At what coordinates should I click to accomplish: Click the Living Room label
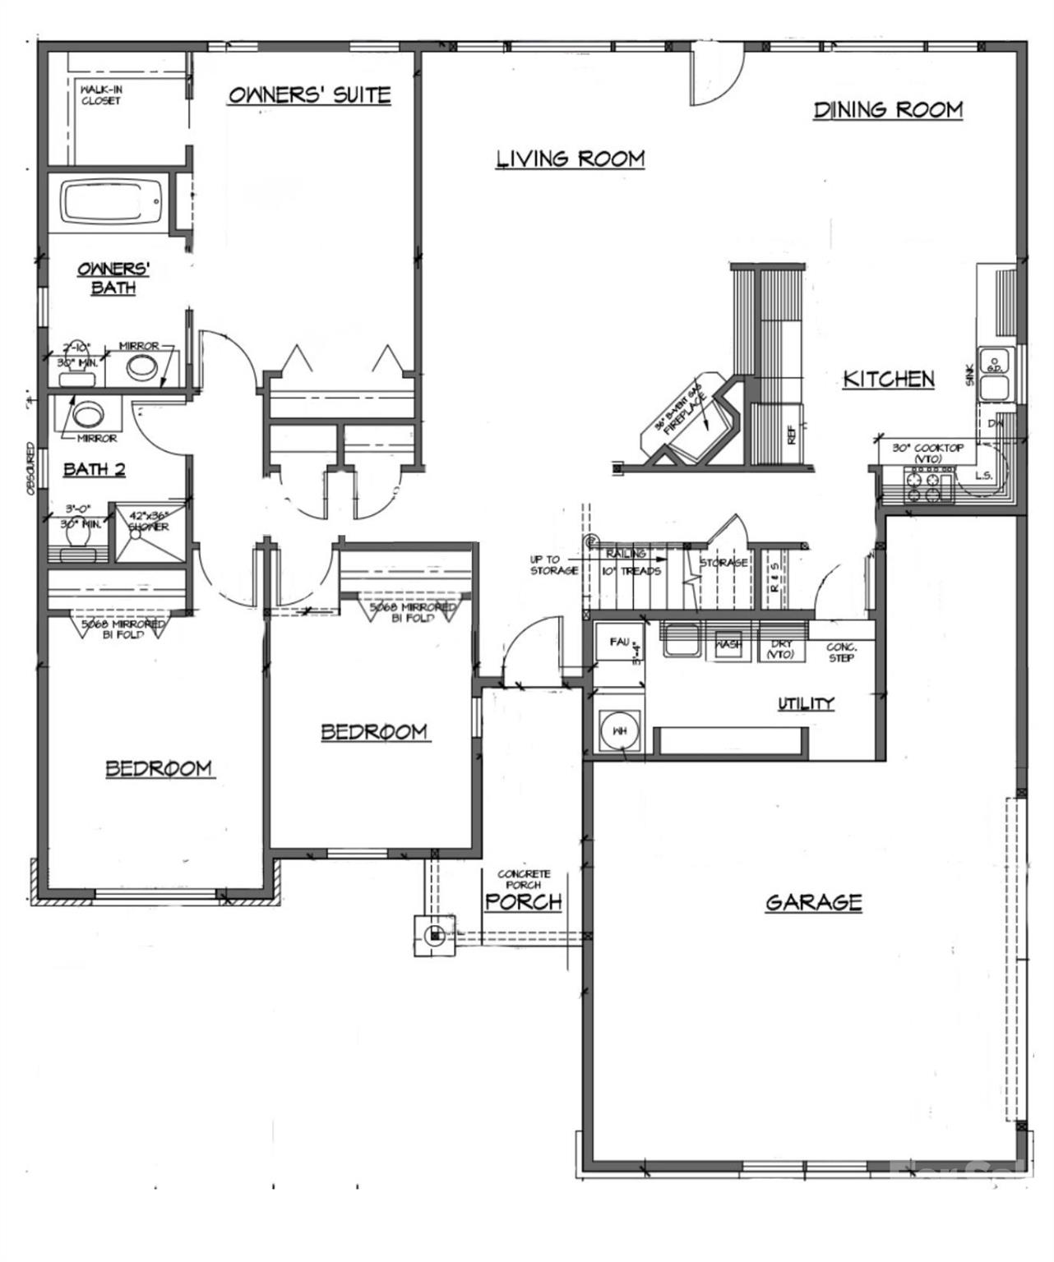pyautogui.click(x=570, y=158)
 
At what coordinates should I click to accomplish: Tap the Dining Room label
pyautogui.click(x=888, y=109)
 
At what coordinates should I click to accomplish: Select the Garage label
pyautogui.click(x=814, y=902)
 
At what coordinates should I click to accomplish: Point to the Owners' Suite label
pyautogui.click(x=309, y=94)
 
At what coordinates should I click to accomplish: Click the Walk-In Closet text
pyautogui.click(x=100, y=94)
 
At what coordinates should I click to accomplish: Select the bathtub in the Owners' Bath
pyautogui.click(x=113, y=202)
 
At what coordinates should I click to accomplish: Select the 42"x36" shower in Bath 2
pyautogui.click(x=149, y=532)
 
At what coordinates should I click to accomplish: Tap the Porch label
pyautogui.click(x=523, y=901)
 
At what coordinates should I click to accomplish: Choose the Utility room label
pyautogui.click(x=806, y=703)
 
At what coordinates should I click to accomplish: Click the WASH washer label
pyautogui.click(x=728, y=644)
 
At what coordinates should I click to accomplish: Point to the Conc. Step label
pyautogui.click(x=842, y=652)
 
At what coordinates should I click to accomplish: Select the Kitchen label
pyautogui.click(x=889, y=379)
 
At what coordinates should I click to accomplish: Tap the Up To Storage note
pyautogui.click(x=553, y=564)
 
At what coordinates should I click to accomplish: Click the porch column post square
pyautogui.click(x=435, y=934)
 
